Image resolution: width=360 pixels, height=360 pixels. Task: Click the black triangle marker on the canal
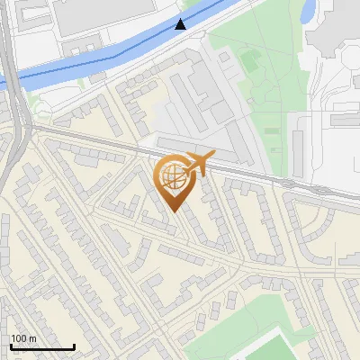182,24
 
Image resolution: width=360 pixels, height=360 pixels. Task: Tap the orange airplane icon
198,163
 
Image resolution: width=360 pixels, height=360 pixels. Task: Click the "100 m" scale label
23,338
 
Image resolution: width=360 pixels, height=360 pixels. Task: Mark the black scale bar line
41,346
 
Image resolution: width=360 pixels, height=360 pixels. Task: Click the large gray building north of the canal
108,13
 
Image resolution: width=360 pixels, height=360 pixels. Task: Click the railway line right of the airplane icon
270,175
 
